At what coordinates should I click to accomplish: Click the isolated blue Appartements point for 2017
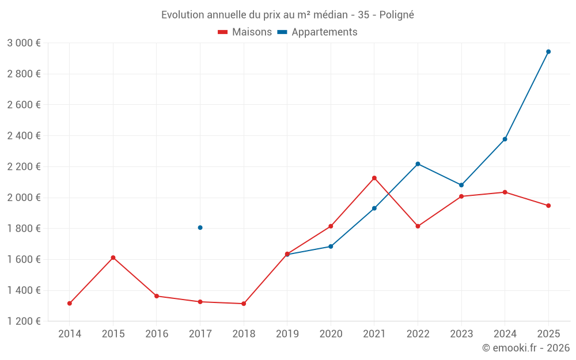200,228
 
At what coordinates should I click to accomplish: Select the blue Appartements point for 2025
548,52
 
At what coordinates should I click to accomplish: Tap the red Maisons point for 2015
113,258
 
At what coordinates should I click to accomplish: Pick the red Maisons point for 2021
374,178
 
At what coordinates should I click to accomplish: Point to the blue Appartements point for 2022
418,164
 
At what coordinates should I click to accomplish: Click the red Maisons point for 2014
70,304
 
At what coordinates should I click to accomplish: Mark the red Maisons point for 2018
244,304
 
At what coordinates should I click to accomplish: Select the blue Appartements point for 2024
505,139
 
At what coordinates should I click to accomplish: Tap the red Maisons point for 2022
418,226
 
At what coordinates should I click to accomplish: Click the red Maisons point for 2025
548,206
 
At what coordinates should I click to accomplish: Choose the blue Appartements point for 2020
331,247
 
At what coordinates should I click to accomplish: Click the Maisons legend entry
245,32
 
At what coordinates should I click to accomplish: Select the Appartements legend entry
317,32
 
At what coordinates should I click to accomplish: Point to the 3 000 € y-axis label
24,43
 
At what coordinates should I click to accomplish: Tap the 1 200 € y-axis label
24,321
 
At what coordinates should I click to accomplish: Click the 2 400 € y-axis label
24,136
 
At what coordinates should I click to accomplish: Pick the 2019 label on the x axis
287,334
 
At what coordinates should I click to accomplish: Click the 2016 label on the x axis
157,334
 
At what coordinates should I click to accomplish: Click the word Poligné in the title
397,15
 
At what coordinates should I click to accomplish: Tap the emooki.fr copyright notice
526,348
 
